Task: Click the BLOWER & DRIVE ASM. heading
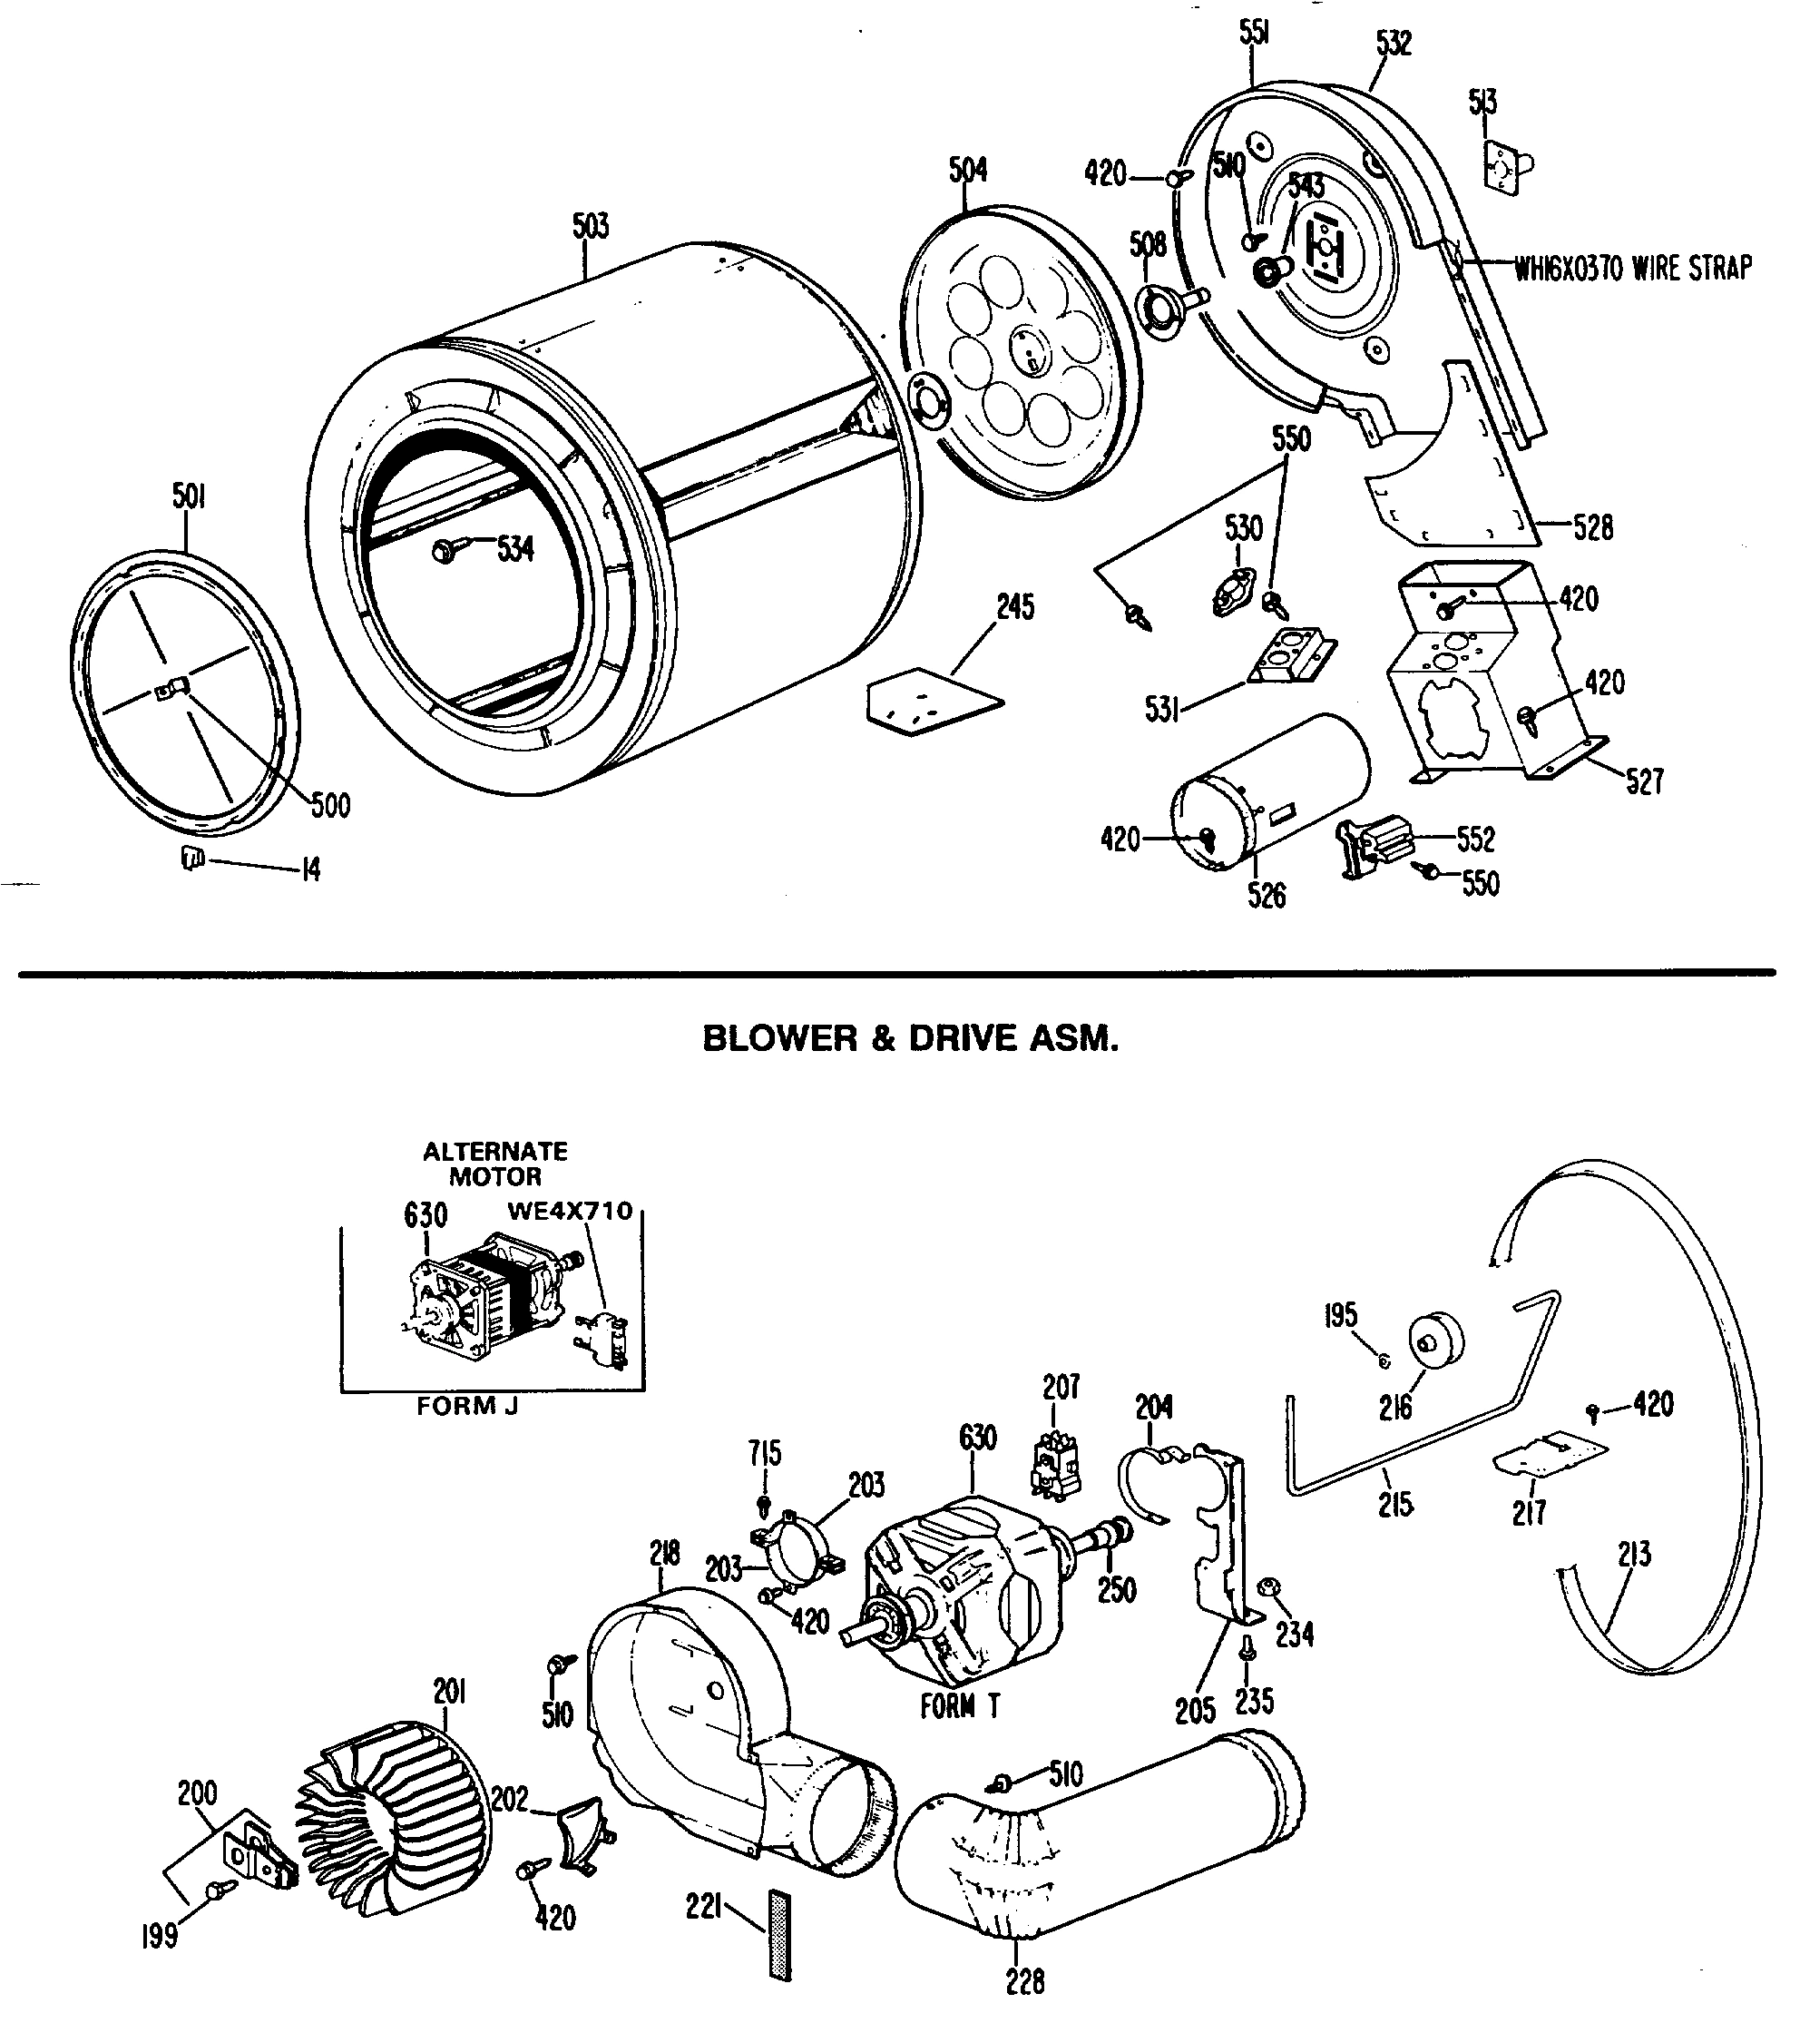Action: (910, 1038)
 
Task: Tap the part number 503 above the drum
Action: (590, 227)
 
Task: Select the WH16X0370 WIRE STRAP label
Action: (1633, 268)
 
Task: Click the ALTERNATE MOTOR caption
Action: (495, 1164)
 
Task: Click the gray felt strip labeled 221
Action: (779, 1935)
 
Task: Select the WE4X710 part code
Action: (570, 1211)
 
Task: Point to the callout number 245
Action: (1015, 606)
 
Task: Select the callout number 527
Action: (1643, 781)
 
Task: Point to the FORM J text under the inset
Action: (467, 1405)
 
